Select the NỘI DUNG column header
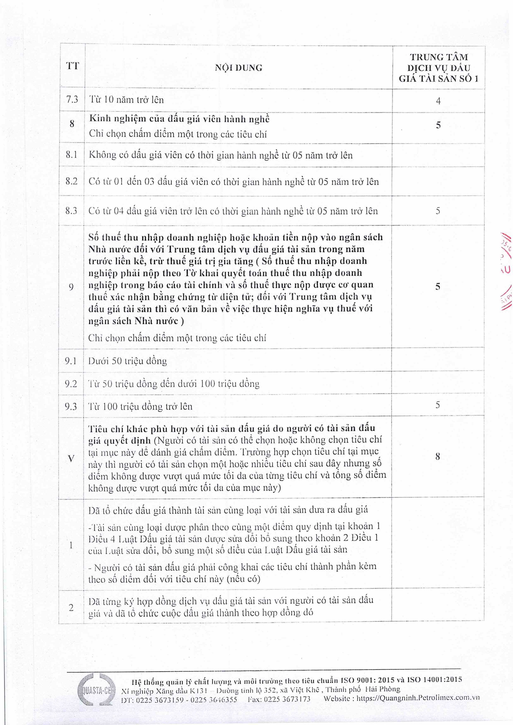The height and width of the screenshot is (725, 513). coord(239,68)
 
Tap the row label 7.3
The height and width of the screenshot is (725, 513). coord(72,99)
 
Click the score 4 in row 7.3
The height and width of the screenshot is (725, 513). coord(438,101)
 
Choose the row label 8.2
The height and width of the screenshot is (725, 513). coord(71,181)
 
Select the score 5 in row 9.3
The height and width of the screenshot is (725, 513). coord(437,405)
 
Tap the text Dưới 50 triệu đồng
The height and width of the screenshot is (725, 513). coord(128,361)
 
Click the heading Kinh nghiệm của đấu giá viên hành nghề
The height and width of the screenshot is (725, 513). coord(179,119)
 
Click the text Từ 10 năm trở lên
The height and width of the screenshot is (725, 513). coord(126,100)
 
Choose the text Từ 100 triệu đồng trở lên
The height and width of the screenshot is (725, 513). coord(140,406)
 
